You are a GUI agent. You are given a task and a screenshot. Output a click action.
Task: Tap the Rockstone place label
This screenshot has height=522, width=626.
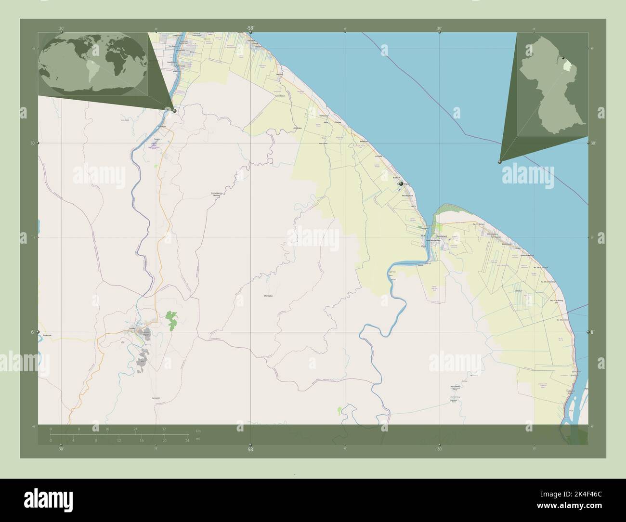pyautogui.click(x=47, y=335)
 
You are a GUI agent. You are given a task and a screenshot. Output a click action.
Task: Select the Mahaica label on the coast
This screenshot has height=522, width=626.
pyautogui.click(x=280, y=75)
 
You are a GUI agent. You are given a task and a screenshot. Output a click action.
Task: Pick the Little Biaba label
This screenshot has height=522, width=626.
pyautogui.click(x=297, y=128)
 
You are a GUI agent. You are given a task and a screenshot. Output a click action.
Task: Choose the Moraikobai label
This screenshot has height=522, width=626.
pyautogui.click(x=269, y=296)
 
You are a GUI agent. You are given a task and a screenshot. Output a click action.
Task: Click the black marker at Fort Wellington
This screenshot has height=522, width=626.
pyautogui.click(x=401, y=183)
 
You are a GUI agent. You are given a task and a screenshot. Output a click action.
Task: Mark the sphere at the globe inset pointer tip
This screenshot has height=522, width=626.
pyautogui.click(x=174, y=111)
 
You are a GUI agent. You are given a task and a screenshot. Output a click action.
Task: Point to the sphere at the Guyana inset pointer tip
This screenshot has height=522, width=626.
pyautogui.click(x=500, y=162)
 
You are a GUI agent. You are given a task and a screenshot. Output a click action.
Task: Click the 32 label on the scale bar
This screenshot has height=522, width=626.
pyautogui.click(x=164, y=429)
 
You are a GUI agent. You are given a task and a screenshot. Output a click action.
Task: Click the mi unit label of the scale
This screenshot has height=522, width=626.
pyautogui.click(x=198, y=439)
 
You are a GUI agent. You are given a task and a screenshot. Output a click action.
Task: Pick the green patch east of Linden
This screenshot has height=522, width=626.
pyautogui.click(x=171, y=320)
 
